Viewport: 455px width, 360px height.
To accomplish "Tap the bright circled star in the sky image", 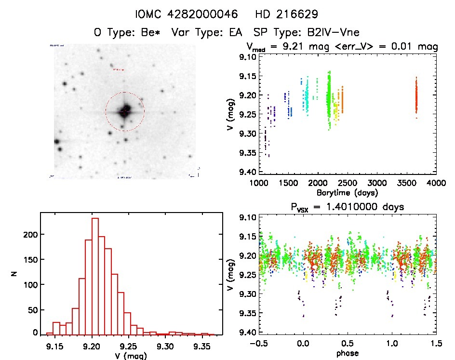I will point(125,111).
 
